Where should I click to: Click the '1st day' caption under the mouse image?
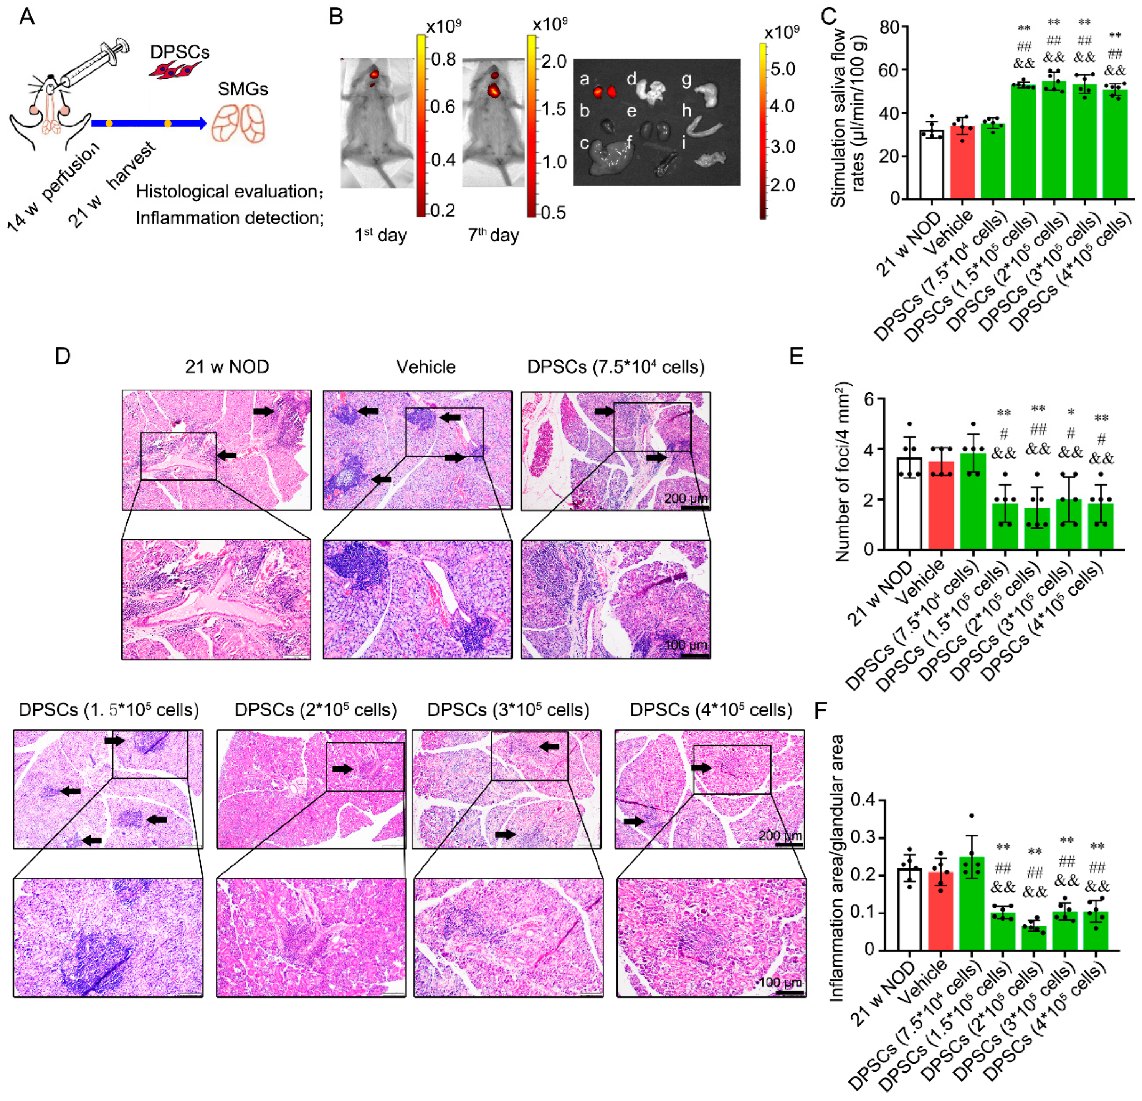click(380, 235)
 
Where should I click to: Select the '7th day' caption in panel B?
click(493, 235)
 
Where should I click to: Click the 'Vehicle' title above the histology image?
click(426, 367)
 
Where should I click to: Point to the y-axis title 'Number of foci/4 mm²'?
click(843, 472)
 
